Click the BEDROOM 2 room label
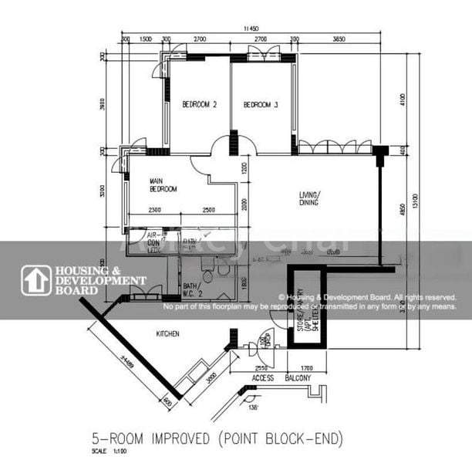pyautogui.click(x=199, y=104)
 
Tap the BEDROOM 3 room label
pyautogui.click(x=261, y=104)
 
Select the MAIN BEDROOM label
pyautogui.click(x=164, y=185)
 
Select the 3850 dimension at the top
pyautogui.click(x=338, y=38)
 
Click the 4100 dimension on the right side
pyautogui.click(x=401, y=100)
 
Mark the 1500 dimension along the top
pyautogui.click(x=145, y=38)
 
